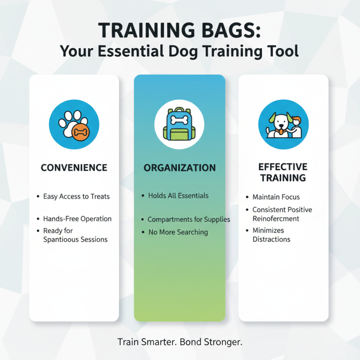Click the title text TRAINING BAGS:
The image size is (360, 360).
[180, 31]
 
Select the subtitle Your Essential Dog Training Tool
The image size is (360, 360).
[180, 51]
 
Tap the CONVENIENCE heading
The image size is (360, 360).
[74, 168]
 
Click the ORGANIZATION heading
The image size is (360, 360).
[180, 168]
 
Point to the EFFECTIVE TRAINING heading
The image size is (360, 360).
[283, 172]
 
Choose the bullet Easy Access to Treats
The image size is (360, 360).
[76, 197]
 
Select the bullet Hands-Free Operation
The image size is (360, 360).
[77, 219]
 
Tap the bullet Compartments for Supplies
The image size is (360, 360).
[189, 220]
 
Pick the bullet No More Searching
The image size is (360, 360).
[178, 232]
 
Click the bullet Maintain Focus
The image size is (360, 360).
[276, 197]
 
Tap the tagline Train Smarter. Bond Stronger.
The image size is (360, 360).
[180, 342]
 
